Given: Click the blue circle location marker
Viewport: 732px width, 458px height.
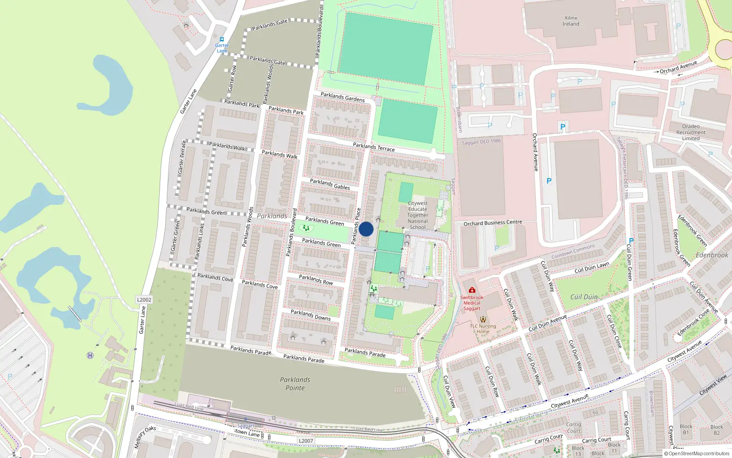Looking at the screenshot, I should click(x=366, y=229).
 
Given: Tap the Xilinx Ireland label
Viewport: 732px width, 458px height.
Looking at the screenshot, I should click(x=571, y=21).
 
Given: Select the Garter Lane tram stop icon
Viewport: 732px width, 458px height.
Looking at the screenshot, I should click(x=222, y=39).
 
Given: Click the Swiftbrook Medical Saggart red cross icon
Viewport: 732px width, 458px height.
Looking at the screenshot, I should click(x=472, y=290).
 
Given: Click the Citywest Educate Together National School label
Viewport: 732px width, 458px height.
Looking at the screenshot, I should click(x=417, y=215).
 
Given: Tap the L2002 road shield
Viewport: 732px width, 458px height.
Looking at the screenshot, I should click(x=144, y=300).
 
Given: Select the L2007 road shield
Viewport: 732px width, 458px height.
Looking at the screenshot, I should click(x=306, y=441).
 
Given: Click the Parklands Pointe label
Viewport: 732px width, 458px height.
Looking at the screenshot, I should click(x=295, y=384).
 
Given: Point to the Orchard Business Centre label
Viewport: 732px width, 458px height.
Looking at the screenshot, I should click(x=493, y=223).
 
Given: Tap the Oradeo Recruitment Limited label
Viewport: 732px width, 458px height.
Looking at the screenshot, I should click(x=690, y=132).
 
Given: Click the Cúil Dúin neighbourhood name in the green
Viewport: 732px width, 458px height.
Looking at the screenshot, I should click(x=584, y=297).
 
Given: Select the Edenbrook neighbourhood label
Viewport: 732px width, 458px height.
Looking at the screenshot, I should click(x=711, y=255).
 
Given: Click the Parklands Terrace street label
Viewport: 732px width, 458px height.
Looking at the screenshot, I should click(x=373, y=147).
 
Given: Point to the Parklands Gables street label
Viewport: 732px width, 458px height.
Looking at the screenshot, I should click(x=329, y=184).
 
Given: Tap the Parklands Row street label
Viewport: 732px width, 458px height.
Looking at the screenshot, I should click(x=316, y=280).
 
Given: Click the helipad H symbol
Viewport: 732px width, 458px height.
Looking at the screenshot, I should click(x=90, y=355).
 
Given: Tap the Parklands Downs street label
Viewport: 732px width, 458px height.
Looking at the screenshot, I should click(x=310, y=315).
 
